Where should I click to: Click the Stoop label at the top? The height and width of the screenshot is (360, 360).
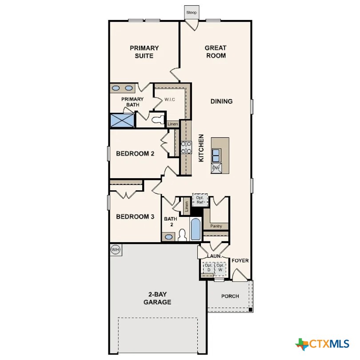coord(192,12)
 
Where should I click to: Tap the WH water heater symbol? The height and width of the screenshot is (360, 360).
coord(116,250)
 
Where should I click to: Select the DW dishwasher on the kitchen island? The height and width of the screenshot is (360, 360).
coord(216,168)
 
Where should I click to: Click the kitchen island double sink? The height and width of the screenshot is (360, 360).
coord(216,155)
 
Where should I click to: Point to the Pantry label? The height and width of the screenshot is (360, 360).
coord(216,226)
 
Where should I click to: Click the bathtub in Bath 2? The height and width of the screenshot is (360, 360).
coord(196,229)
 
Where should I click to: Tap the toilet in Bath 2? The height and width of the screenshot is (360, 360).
coord(182,235)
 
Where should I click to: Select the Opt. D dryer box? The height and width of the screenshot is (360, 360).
coord(208,268)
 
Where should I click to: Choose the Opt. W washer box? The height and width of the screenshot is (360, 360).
coord(220,268)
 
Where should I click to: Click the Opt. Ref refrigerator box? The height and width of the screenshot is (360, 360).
coord(200,200)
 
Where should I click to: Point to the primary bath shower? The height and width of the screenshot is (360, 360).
coord(122,120)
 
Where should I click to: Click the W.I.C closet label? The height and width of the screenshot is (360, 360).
coord(169,100)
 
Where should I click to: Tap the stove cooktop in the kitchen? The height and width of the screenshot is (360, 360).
coord(186,147)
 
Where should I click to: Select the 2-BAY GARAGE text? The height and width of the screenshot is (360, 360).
coord(157,298)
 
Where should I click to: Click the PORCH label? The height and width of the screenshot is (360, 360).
coord(230,296)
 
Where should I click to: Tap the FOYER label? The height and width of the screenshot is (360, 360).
coord(240,260)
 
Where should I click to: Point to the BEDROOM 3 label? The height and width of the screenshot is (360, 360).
coord(135,217)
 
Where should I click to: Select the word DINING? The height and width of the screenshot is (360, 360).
coord(221,101)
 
